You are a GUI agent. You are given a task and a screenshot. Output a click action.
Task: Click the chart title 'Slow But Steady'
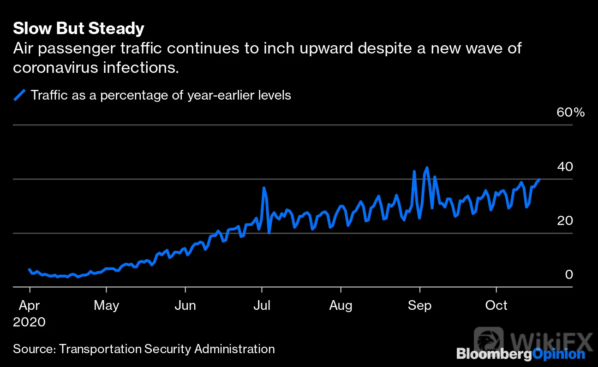(x=78, y=28)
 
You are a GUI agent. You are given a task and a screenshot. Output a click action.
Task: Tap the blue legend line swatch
(x=19, y=95)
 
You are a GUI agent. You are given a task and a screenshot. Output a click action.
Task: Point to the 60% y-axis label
(x=570, y=112)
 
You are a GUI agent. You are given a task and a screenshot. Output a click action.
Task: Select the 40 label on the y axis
(x=565, y=167)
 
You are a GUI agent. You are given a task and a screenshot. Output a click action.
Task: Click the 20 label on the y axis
(x=565, y=220)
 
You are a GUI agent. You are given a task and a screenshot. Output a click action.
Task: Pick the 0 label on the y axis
(x=569, y=274)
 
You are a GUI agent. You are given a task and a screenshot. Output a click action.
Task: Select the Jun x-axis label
(x=185, y=305)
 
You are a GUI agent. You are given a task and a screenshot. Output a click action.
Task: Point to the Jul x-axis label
(x=262, y=305)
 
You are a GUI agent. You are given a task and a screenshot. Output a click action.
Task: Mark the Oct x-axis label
(x=496, y=305)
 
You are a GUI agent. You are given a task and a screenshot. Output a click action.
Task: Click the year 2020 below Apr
(x=29, y=322)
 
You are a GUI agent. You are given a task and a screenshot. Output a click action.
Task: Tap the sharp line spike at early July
(x=264, y=188)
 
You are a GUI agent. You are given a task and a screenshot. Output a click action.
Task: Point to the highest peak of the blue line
(x=427, y=167)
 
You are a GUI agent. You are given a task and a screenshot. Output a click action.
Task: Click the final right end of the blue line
(x=539, y=179)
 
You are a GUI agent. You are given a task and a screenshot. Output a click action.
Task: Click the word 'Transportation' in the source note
(x=100, y=349)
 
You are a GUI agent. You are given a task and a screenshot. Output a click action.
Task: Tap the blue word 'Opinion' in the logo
(x=559, y=355)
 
